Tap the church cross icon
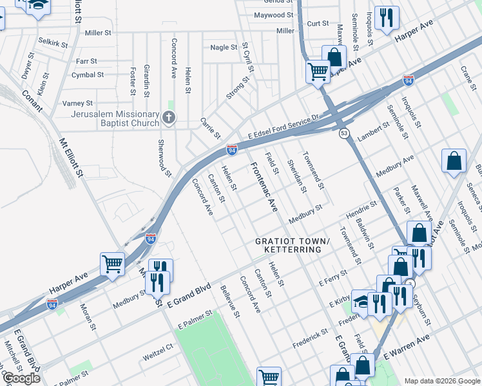(x=169, y=117)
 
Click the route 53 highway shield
(x=345, y=133)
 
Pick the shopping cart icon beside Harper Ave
(x=113, y=264)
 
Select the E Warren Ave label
(x=406, y=347)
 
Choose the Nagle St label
(x=224, y=47)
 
